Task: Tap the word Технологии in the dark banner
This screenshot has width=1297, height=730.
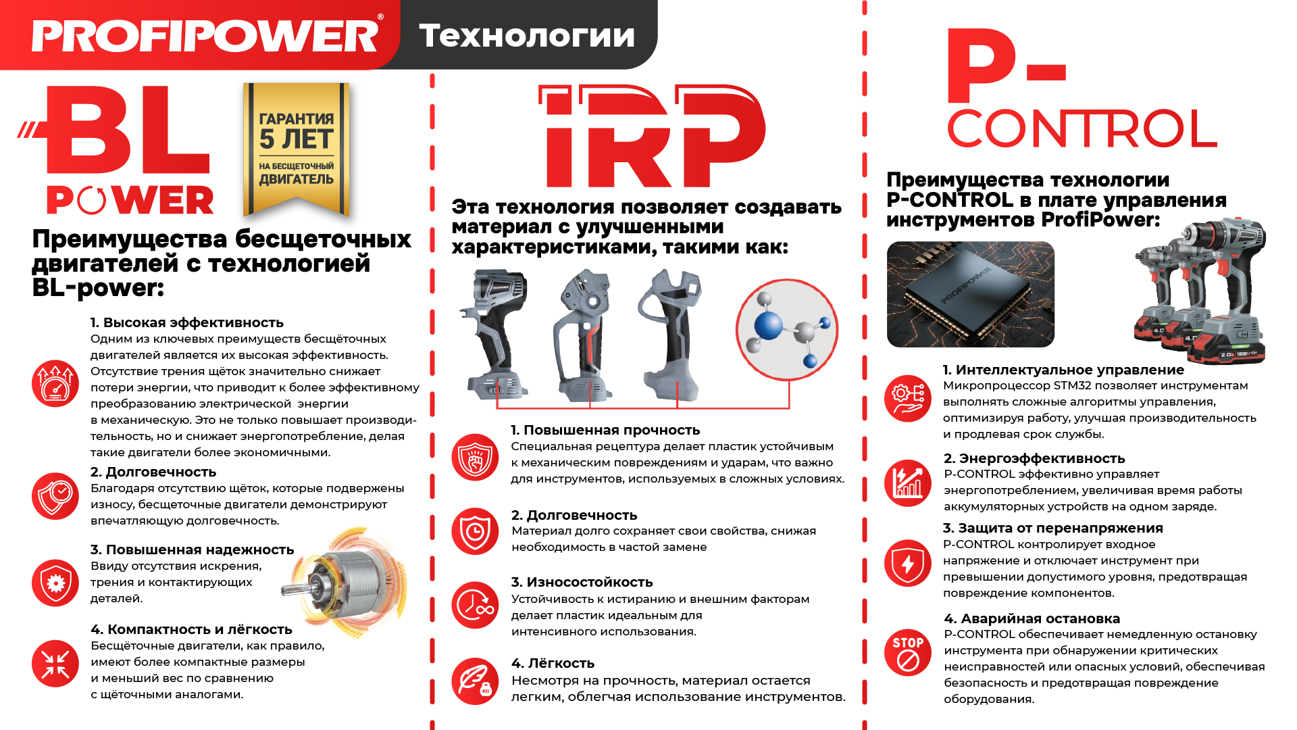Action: coord(527,35)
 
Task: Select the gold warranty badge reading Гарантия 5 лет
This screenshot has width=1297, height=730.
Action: coord(297,149)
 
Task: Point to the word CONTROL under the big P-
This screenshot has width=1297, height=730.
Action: coord(1082,129)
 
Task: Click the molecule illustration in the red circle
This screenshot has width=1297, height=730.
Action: coord(787,331)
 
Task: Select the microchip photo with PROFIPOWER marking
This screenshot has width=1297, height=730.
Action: coord(970,294)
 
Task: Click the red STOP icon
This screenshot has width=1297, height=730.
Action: coord(908,653)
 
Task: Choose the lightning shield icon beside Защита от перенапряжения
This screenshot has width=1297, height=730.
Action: coord(908,563)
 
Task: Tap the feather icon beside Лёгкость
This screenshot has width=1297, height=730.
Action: coord(475,681)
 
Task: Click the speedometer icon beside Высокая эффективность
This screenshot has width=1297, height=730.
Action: coord(55,383)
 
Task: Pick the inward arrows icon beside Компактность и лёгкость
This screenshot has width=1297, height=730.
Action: coord(55,664)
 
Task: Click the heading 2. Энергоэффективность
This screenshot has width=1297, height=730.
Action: coord(1034,458)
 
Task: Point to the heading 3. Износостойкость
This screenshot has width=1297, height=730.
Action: coord(582,582)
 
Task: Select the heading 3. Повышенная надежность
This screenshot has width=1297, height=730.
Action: coord(193,550)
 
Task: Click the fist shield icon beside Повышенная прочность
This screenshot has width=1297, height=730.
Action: coord(475,458)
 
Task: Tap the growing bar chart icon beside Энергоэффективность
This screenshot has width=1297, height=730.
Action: coord(908,483)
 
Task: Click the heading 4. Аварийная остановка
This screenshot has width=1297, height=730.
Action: coord(1032,618)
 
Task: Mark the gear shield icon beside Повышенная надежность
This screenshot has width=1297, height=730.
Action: coord(55,583)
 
